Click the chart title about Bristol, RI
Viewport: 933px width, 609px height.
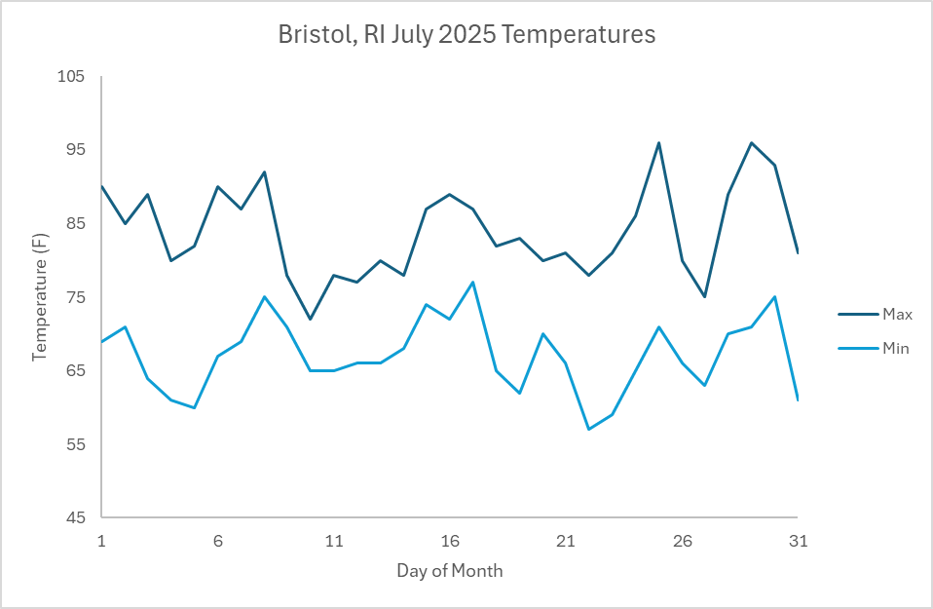[x=466, y=35]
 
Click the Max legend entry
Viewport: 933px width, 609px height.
[x=896, y=314]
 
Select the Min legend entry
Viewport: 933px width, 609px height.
[x=895, y=348]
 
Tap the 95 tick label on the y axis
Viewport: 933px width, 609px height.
[x=76, y=150]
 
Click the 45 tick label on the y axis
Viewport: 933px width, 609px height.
[x=76, y=518]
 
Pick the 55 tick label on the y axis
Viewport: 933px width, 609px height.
[x=76, y=445]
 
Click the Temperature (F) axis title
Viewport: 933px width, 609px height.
[x=40, y=297]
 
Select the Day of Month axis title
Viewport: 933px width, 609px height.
[x=450, y=571]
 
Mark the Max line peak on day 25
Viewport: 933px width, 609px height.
[x=658, y=142]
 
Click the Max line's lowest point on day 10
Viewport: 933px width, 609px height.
[x=311, y=319]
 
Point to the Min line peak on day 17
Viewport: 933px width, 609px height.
[x=473, y=283]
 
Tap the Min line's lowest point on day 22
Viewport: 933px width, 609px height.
[x=589, y=430]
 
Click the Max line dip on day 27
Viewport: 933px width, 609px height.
[x=705, y=297]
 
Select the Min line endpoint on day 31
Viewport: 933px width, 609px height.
[x=798, y=400]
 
